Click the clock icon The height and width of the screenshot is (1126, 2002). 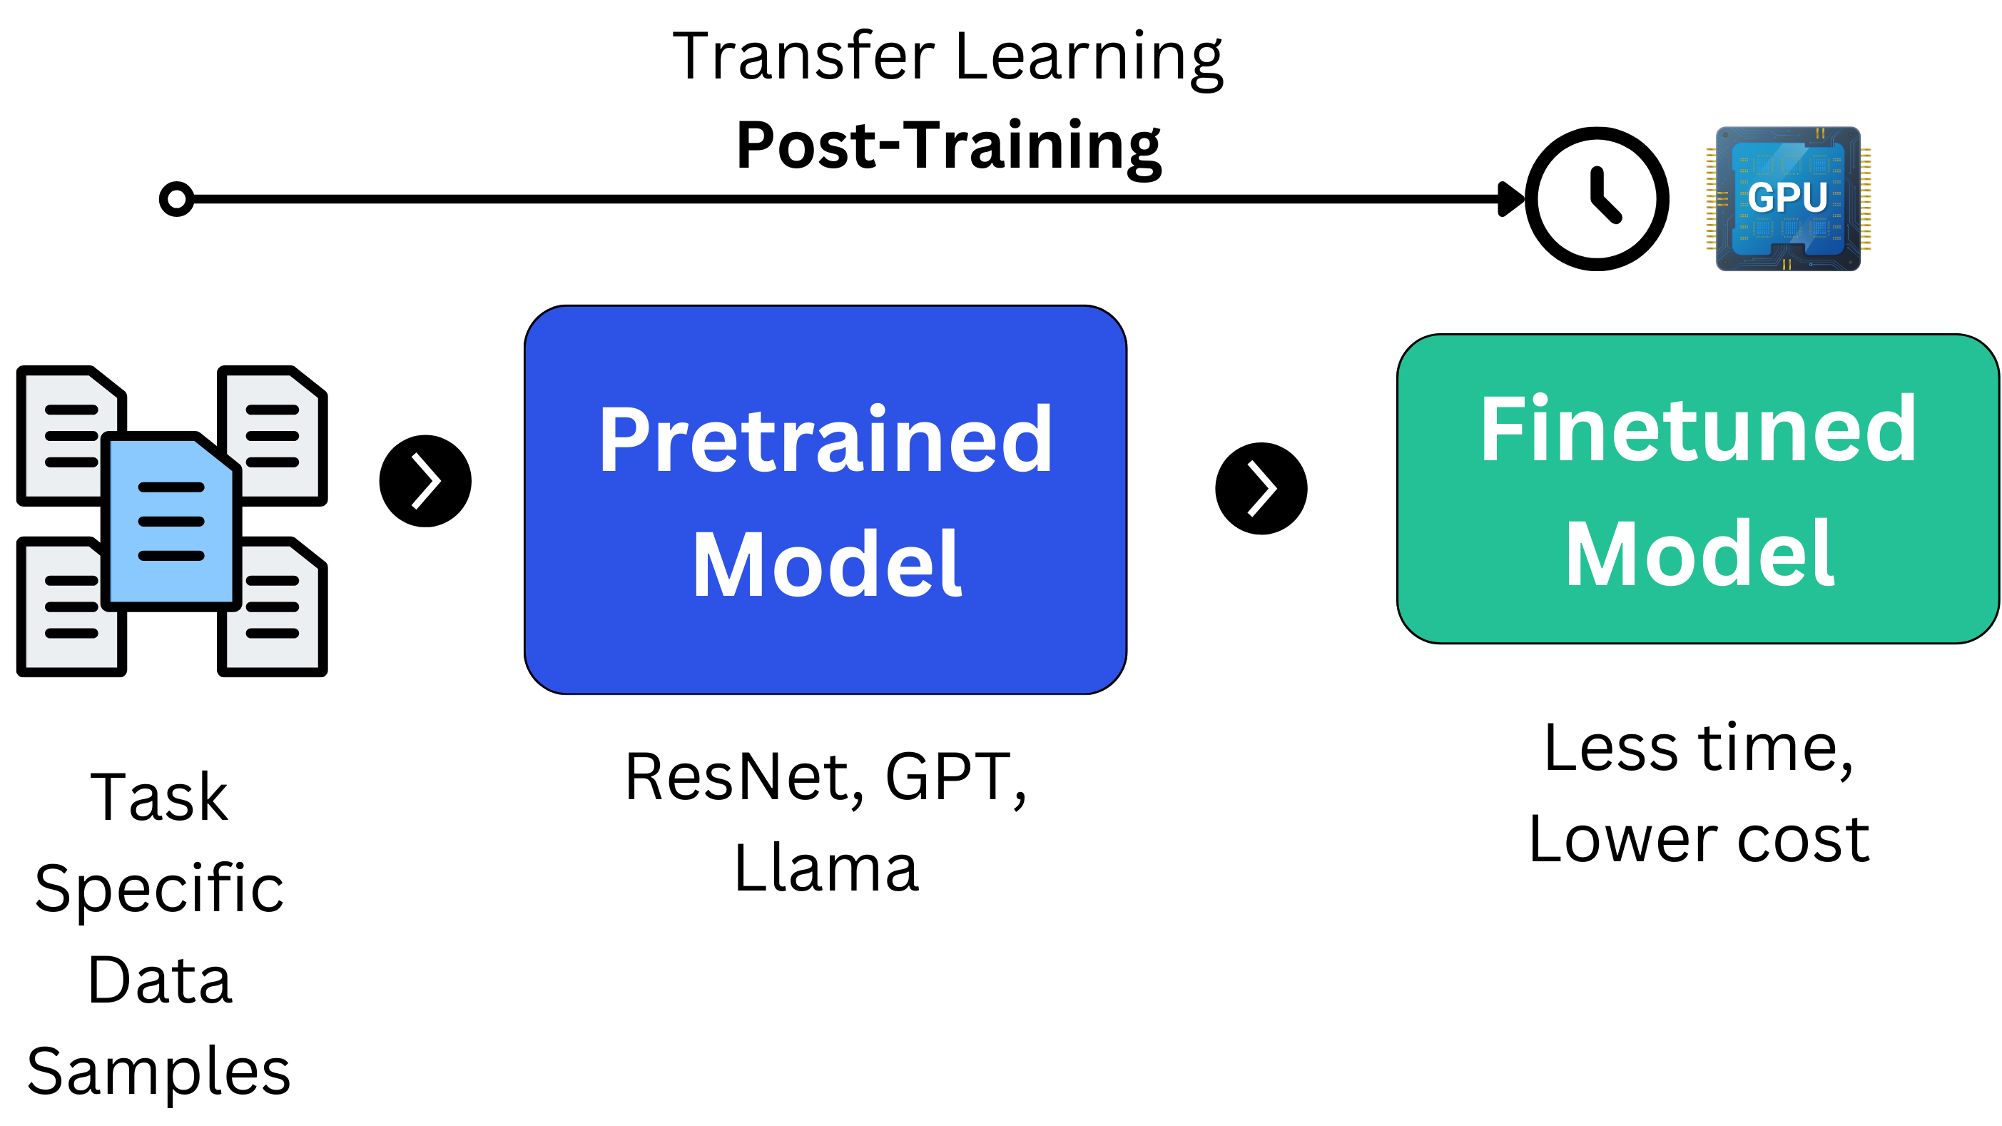[1596, 199]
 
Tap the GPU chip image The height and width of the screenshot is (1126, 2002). [1787, 199]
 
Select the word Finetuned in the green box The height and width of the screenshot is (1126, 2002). [1697, 430]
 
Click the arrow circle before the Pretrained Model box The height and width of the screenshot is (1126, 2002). [425, 481]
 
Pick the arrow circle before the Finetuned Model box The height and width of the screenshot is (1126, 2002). [1261, 489]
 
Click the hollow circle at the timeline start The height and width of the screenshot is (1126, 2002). [176, 199]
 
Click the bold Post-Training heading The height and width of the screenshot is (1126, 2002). [948, 146]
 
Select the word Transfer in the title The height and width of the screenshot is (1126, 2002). [803, 56]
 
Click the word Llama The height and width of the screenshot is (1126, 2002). [825, 868]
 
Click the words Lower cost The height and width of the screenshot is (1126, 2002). [1699, 840]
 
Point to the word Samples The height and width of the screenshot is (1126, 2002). [159, 1072]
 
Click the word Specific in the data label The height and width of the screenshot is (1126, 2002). [159, 888]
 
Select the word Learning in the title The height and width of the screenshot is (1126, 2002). [1088, 56]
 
